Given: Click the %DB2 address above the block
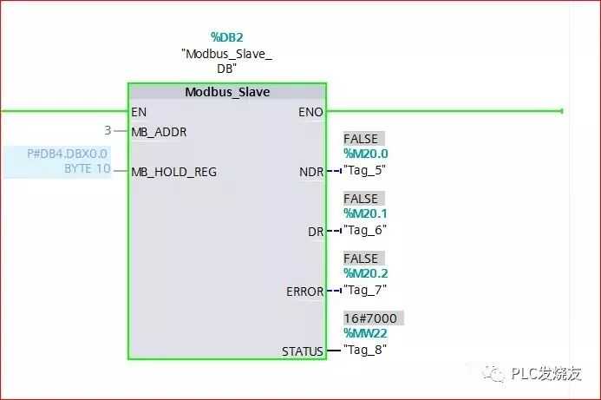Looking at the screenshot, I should (226, 37).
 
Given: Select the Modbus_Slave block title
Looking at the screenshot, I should (227, 92).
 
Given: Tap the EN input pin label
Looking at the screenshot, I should (139, 112).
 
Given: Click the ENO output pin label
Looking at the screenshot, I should (310, 112).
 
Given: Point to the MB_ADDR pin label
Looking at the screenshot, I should (159, 132).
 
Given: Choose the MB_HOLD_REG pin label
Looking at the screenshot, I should (173, 172).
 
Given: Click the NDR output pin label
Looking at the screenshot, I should (311, 172).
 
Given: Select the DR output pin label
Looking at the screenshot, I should (316, 232).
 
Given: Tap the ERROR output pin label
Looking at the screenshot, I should (304, 292).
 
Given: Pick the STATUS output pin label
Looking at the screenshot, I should (302, 351).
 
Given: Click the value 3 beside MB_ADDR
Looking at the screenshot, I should (108, 131).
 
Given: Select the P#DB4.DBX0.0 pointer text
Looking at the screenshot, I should (67, 154).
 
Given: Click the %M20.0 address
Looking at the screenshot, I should (366, 154).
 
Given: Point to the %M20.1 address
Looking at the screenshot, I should (366, 213).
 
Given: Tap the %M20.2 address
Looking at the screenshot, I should (366, 273).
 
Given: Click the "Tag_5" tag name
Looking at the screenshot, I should (365, 170).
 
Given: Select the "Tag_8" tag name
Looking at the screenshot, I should (365, 350).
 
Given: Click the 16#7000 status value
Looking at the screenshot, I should (370, 318).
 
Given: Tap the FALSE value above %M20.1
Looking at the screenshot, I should (361, 199).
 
